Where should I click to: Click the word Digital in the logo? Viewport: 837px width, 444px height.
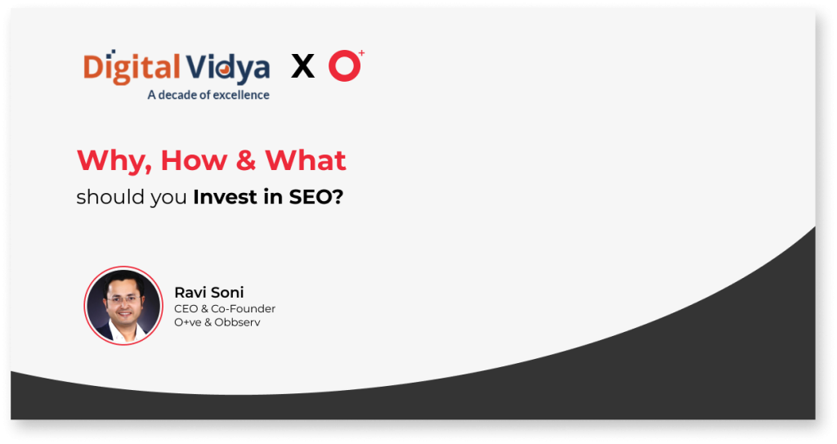click(132, 68)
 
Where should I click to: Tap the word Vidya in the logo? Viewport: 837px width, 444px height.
click(228, 68)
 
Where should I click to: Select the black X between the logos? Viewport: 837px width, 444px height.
click(302, 66)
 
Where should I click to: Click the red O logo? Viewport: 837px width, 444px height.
click(344, 66)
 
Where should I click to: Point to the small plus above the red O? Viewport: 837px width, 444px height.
click(361, 52)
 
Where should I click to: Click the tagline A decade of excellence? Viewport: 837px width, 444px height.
click(208, 95)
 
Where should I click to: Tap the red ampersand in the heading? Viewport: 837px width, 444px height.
click(245, 160)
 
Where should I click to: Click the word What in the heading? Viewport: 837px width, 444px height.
click(306, 159)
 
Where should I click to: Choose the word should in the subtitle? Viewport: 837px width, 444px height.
click(110, 196)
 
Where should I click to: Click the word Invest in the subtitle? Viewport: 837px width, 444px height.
click(225, 196)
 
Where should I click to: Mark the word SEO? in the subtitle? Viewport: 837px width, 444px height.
click(316, 196)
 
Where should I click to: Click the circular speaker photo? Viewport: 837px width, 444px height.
click(123, 305)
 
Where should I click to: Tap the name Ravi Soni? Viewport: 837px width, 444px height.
click(208, 292)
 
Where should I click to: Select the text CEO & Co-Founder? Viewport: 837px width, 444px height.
click(225, 309)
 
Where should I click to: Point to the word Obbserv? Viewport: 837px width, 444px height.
click(238, 322)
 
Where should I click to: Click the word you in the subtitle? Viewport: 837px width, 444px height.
click(168, 198)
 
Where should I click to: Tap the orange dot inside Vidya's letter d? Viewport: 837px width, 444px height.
click(226, 70)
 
